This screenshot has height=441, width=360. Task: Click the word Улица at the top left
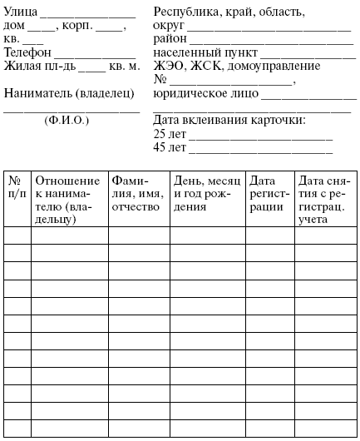tap(20, 12)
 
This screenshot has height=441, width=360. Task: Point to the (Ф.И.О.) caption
tap(67, 120)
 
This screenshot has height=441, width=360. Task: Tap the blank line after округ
tap(269, 28)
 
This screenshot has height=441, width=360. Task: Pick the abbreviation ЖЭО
tap(170, 65)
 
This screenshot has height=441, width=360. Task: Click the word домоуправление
tap(279, 65)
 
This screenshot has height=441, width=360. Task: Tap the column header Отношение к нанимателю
tap(69, 200)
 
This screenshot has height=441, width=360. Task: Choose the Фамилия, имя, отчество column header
tap(138, 193)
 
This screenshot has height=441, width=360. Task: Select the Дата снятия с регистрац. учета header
tap(325, 200)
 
